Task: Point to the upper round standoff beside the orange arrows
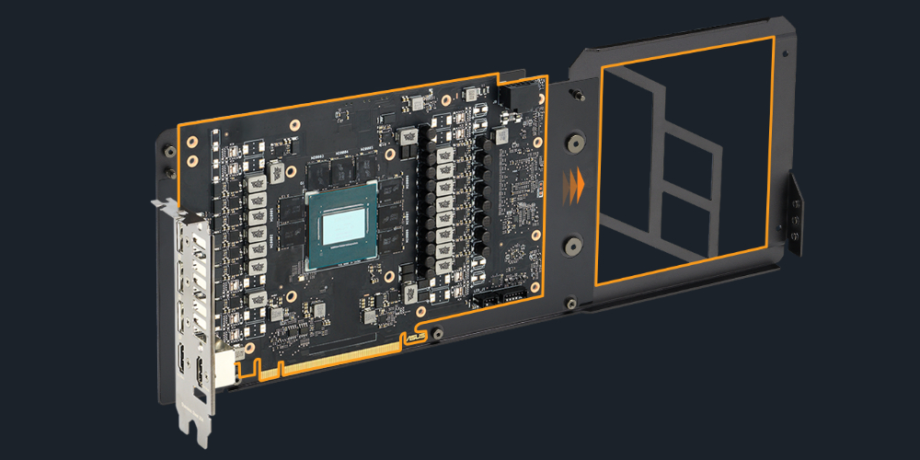pyautogui.click(x=573, y=142)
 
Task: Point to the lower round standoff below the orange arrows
pyautogui.click(x=571, y=246)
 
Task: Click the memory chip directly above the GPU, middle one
pyautogui.click(x=341, y=167)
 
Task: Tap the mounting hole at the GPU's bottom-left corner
pyautogui.click(x=290, y=295)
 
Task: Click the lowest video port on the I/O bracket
pyautogui.click(x=199, y=374)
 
